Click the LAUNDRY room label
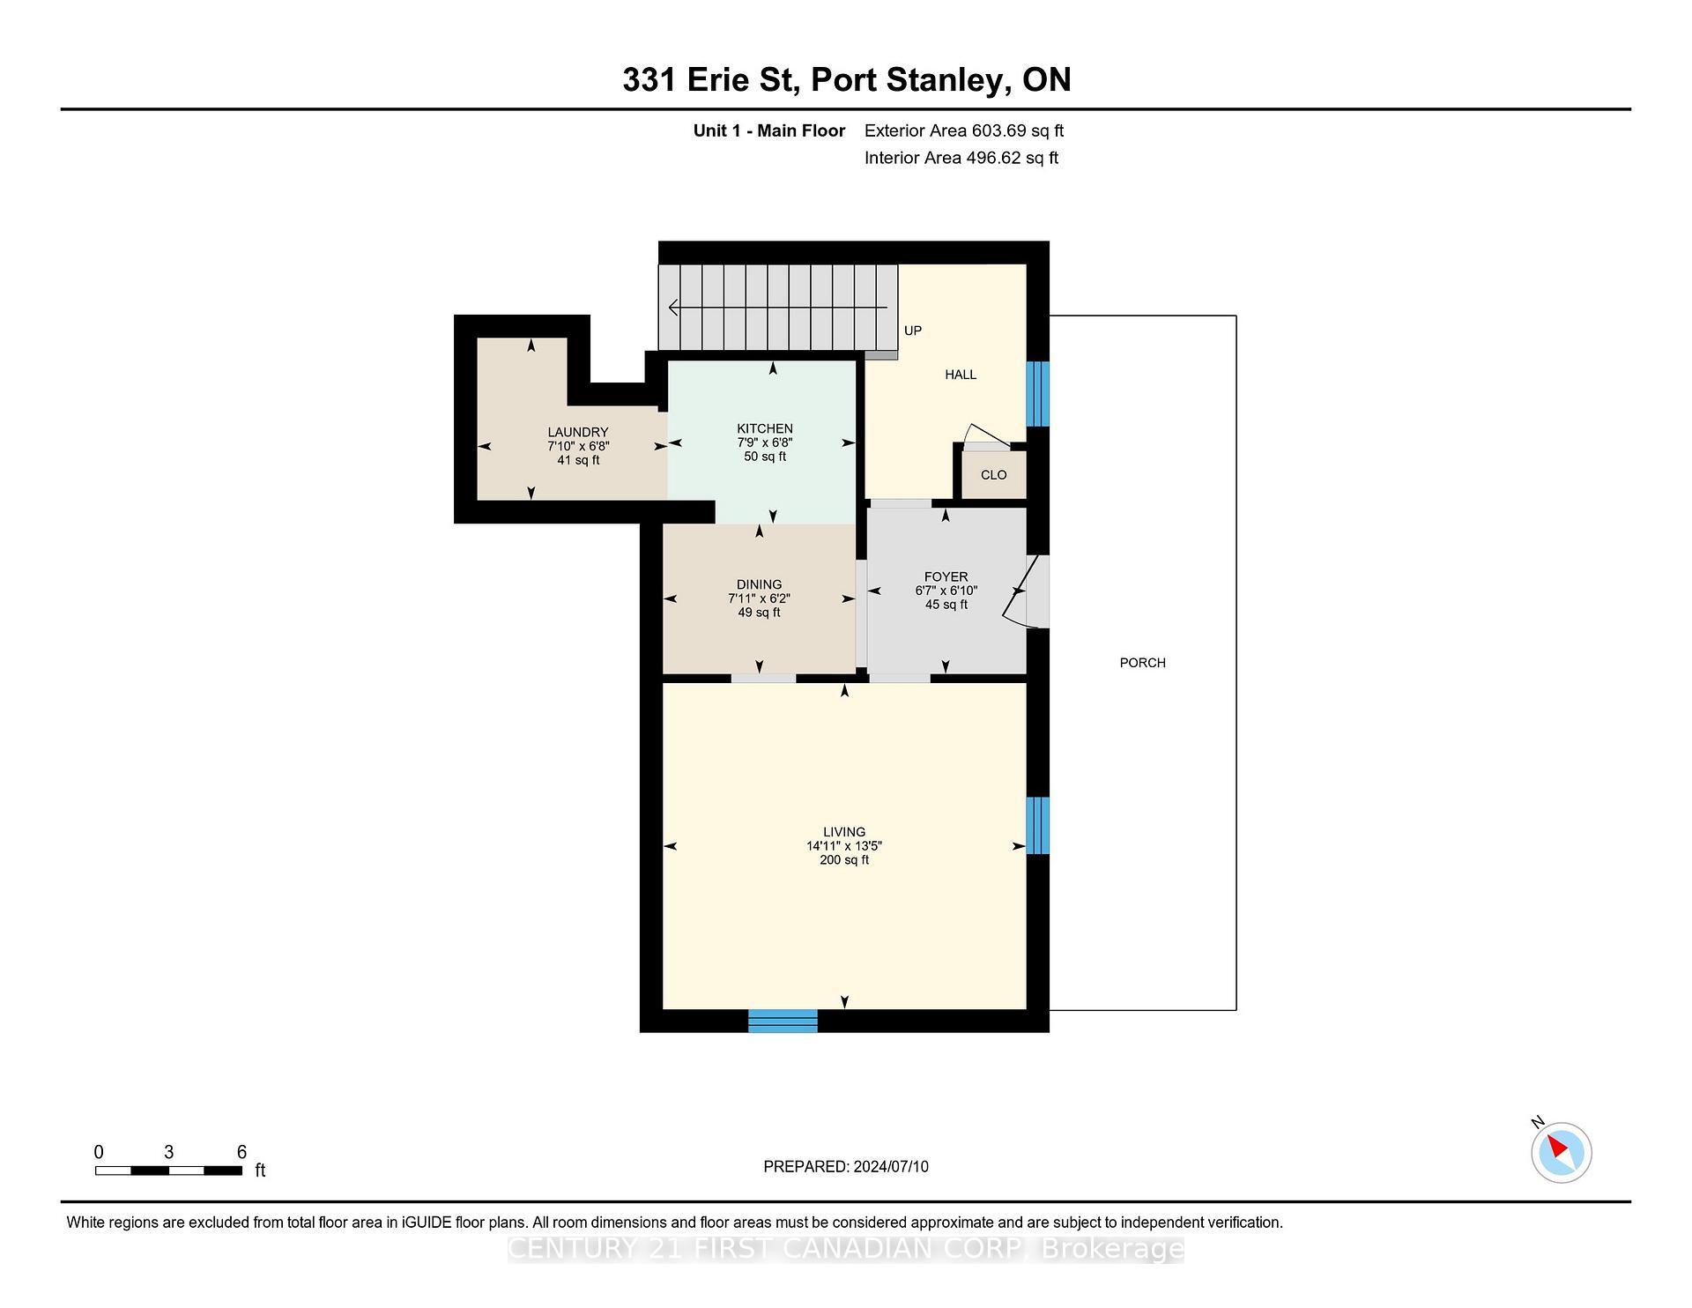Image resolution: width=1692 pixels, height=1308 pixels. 578,432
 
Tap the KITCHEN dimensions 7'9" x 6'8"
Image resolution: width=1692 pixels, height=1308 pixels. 765,442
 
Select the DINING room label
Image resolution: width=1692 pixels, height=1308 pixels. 759,584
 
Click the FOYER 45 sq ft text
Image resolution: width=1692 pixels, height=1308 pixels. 946,605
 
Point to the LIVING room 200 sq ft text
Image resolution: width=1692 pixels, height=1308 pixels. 844,860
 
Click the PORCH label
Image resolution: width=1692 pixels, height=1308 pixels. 1142,663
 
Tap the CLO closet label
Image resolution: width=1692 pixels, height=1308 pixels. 993,475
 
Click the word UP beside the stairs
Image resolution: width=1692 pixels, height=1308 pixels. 913,331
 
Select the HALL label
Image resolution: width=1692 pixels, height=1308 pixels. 961,375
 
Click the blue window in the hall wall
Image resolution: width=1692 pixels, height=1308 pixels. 1038,393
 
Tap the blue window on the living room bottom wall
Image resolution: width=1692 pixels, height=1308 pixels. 783,1021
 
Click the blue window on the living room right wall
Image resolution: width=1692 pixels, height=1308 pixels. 1038,825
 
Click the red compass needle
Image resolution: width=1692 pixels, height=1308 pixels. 1557,1146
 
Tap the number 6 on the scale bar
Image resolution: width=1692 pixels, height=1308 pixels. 241,1152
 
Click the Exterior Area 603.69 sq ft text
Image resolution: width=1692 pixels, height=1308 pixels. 963,130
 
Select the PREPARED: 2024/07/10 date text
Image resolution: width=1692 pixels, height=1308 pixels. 845,1166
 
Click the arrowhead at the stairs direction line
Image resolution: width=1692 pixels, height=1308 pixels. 674,308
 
